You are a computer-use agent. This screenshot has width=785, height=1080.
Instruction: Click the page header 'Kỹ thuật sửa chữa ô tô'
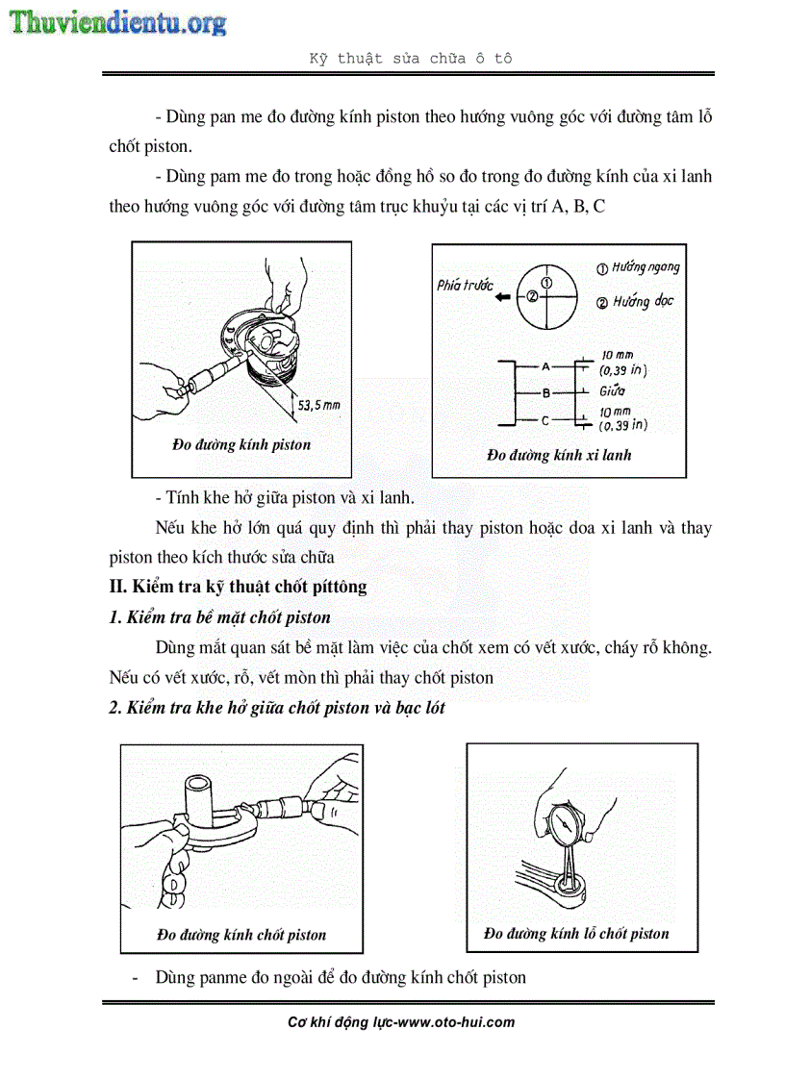(x=410, y=58)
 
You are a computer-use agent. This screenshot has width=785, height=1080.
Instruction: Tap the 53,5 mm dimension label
(x=318, y=405)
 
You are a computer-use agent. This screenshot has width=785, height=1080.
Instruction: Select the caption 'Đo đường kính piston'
(x=241, y=444)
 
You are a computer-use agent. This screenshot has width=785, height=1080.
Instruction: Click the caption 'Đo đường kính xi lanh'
(x=559, y=455)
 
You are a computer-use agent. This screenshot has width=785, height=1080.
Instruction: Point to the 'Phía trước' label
(x=465, y=285)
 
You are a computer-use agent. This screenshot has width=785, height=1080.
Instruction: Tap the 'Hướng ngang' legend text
(x=638, y=267)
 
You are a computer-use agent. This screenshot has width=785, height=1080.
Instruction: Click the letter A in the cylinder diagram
(x=545, y=366)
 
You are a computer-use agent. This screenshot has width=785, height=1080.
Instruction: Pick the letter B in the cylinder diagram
(x=545, y=392)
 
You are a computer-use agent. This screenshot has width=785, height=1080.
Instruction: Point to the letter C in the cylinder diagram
(x=545, y=420)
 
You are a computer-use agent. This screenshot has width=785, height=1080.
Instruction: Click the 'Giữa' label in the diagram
(x=612, y=391)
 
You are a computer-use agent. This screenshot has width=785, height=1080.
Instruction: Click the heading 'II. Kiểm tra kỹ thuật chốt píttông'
(x=238, y=586)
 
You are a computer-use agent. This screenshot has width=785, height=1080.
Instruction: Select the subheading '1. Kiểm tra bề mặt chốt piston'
(x=219, y=617)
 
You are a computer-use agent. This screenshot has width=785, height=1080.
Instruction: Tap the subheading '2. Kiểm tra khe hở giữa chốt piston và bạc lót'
(x=277, y=708)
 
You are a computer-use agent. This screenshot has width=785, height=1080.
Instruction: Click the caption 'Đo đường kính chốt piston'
(x=241, y=934)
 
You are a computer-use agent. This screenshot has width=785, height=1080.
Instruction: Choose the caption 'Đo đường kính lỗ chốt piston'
(x=576, y=933)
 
